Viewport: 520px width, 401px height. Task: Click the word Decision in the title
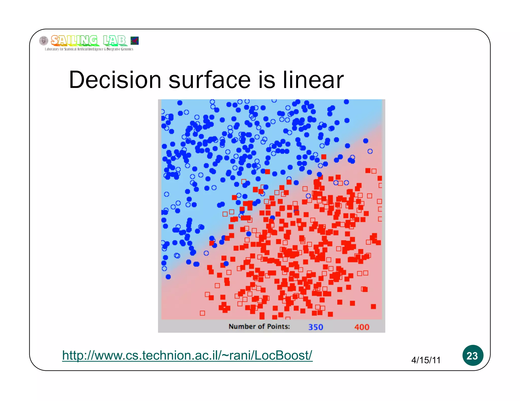(x=115, y=80)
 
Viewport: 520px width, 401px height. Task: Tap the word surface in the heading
(x=209, y=80)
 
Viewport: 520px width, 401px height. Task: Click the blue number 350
(x=316, y=327)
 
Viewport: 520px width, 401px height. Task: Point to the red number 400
(x=362, y=327)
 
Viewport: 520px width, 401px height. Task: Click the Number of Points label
(x=259, y=326)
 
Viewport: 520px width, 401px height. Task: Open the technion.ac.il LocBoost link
(x=187, y=355)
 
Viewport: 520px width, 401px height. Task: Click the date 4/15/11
(x=426, y=360)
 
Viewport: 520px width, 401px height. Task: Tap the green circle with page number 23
(x=473, y=355)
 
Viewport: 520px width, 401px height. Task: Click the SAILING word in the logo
(x=74, y=40)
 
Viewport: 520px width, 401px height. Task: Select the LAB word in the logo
(x=114, y=40)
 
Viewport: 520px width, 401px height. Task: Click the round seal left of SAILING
(x=44, y=41)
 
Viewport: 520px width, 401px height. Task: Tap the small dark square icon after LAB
(x=135, y=41)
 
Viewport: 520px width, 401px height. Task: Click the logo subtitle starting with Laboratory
(x=89, y=49)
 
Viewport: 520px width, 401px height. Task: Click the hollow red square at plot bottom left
(x=202, y=313)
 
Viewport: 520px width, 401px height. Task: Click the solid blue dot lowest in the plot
(x=168, y=277)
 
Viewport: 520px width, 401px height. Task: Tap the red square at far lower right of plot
(x=373, y=306)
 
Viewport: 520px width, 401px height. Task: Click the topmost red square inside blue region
(x=324, y=157)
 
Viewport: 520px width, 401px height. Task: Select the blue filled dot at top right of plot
(x=346, y=102)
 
